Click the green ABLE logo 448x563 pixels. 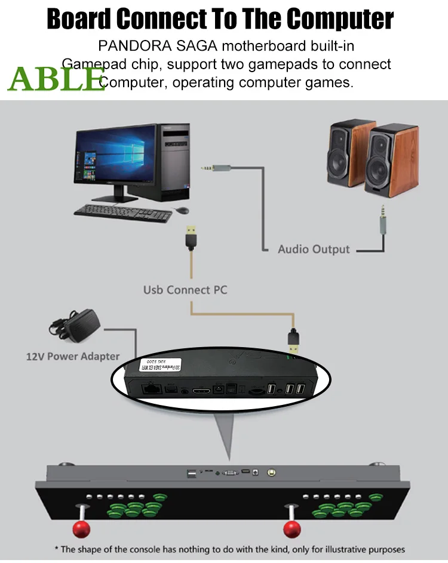pos(56,78)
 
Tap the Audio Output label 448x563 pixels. pos(314,249)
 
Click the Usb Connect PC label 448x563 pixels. pos(185,290)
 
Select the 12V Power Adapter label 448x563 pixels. pos(72,356)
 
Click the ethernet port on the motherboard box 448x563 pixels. pos(149,389)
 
